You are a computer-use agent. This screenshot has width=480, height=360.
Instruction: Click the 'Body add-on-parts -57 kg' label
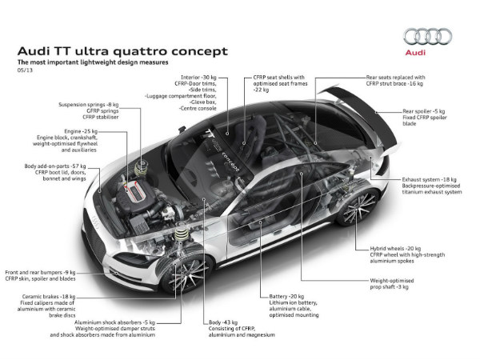point(58,166)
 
